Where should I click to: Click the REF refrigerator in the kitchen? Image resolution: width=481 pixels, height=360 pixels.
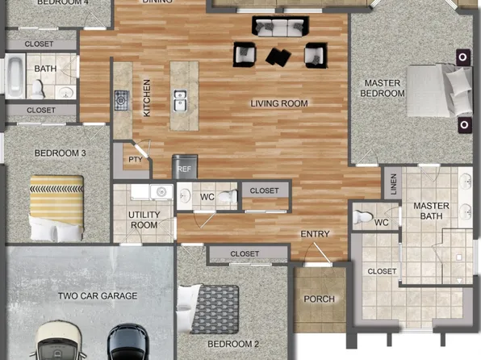coord(185,167)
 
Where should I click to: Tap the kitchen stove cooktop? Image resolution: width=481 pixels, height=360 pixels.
coord(121,100)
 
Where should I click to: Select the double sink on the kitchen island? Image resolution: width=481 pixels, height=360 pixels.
coord(180,100)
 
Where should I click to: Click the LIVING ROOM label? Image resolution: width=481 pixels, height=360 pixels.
coord(278,103)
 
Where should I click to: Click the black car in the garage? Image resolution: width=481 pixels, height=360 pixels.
coord(128,342)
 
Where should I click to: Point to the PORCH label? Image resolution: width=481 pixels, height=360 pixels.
coord(319,299)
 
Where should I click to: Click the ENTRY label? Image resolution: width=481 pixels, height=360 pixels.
coord(315,234)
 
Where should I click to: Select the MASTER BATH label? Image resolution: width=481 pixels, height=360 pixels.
coord(431,211)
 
